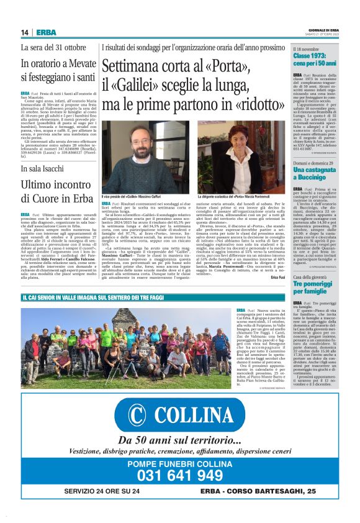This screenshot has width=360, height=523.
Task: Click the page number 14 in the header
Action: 25,32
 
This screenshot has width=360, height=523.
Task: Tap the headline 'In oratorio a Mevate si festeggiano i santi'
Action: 58,71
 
